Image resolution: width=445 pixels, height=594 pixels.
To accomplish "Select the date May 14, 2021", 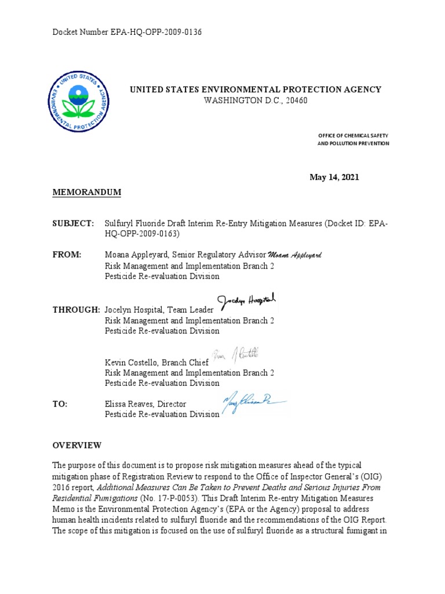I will (x=334, y=177).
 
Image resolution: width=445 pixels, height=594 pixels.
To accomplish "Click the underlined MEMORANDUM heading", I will (x=87, y=192).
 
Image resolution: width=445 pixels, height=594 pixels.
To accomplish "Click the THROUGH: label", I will (x=76, y=310).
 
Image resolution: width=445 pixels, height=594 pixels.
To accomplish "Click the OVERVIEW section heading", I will (x=77, y=445).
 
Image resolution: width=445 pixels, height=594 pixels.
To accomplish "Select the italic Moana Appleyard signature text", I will (x=295, y=256).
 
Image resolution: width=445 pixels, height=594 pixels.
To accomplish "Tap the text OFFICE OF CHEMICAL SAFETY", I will (x=353, y=135).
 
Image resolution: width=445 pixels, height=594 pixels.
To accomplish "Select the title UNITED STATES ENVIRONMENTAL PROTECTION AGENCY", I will (x=255, y=89).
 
